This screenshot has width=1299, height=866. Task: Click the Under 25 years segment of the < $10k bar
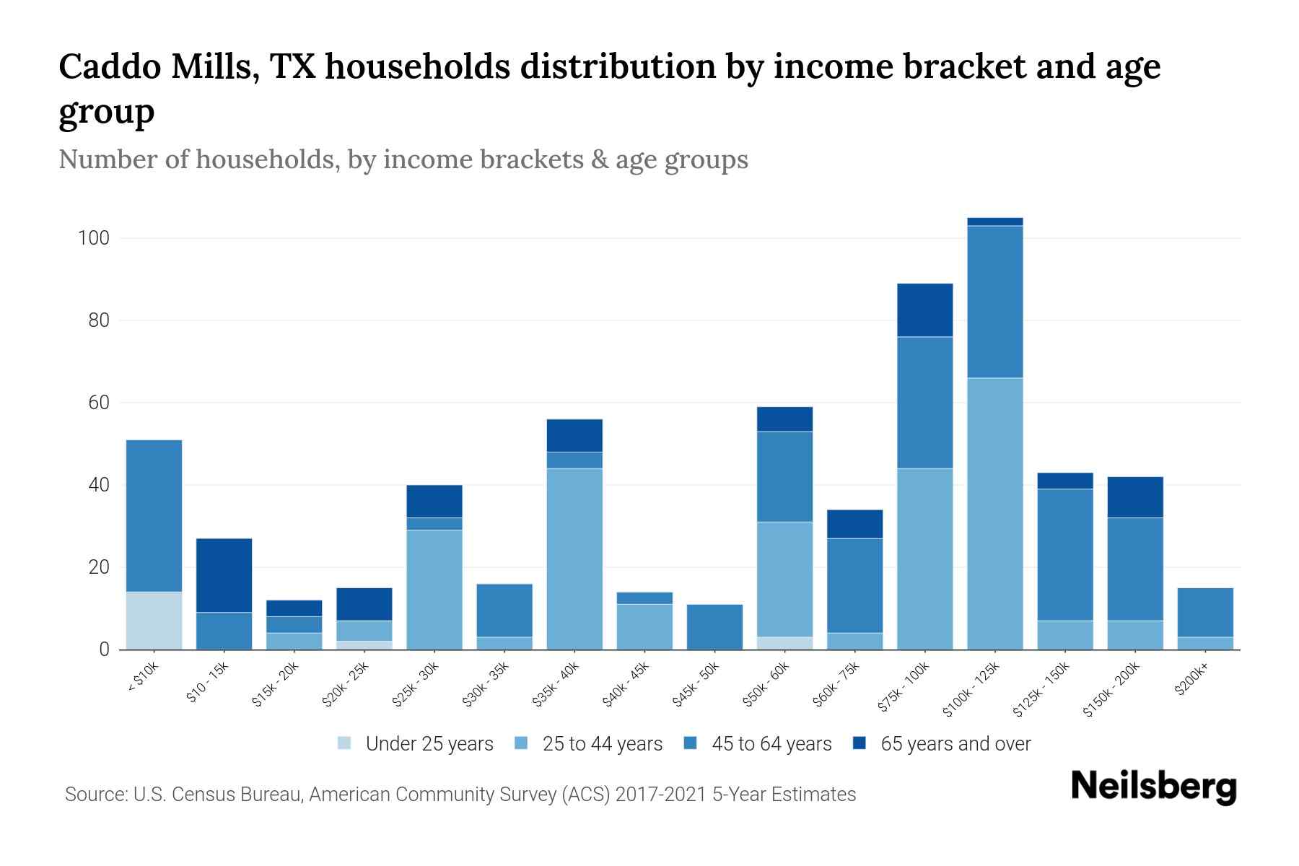pyautogui.click(x=154, y=621)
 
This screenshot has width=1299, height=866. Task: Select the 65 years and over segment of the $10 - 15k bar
pyautogui.click(x=224, y=575)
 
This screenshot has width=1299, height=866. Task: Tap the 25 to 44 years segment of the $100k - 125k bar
pyautogui.click(x=994, y=513)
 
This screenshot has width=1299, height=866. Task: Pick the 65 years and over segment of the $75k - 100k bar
pyautogui.click(x=924, y=310)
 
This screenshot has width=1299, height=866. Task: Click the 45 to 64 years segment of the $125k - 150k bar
pyautogui.click(x=1064, y=554)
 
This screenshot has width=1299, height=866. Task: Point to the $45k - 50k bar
pyautogui.click(x=714, y=626)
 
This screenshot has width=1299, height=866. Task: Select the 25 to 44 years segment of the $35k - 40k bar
pyautogui.click(x=574, y=559)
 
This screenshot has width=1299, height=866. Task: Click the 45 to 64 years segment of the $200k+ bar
pyautogui.click(x=1204, y=613)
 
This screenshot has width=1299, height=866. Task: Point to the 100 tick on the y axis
pyautogui.click(x=93, y=238)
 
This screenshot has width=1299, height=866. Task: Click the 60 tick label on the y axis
pyautogui.click(x=98, y=403)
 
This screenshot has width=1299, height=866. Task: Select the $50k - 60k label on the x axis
pyautogui.click(x=766, y=684)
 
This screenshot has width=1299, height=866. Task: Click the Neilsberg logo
pyautogui.click(x=1153, y=787)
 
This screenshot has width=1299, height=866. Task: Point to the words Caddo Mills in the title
pyautogui.click(x=157, y=66)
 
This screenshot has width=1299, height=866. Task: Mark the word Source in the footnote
pyautogui.click(x=95, y=795)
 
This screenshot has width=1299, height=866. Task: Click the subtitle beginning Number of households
pyautogui.click(x=403, y=159)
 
